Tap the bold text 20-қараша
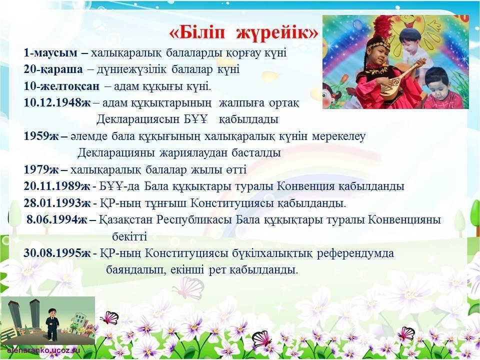53,69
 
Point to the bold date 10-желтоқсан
61,86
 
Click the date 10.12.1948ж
57,103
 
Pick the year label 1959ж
41,136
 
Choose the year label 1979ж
41,169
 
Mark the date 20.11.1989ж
57,186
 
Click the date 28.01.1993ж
57,203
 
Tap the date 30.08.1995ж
57,253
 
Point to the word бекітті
129,236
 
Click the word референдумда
355,253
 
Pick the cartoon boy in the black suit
52,325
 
